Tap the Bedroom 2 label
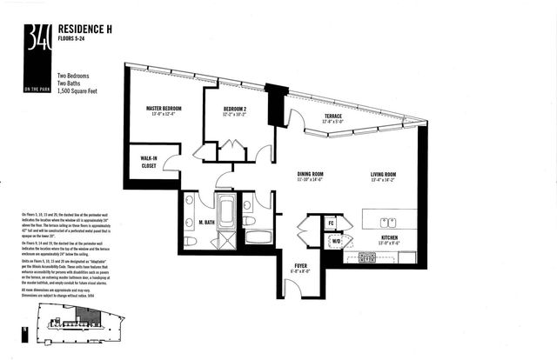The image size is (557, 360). (x=222, y=110)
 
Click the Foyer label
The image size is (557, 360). (x=298, y=266)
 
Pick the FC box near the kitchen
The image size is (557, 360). (x=331, y=222)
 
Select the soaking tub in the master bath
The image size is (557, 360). (x=226, y=210)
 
